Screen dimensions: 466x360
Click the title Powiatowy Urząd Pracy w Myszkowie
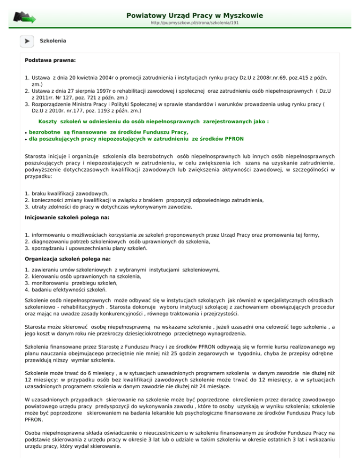[x=195, y=15]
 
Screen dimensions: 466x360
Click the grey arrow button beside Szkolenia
[x=26, y=41]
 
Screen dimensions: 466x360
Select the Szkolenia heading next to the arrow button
[x=53, y=41]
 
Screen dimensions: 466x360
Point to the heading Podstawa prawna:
[x=50, y=60]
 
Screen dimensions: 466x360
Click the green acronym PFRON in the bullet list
[x=233, y=139]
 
